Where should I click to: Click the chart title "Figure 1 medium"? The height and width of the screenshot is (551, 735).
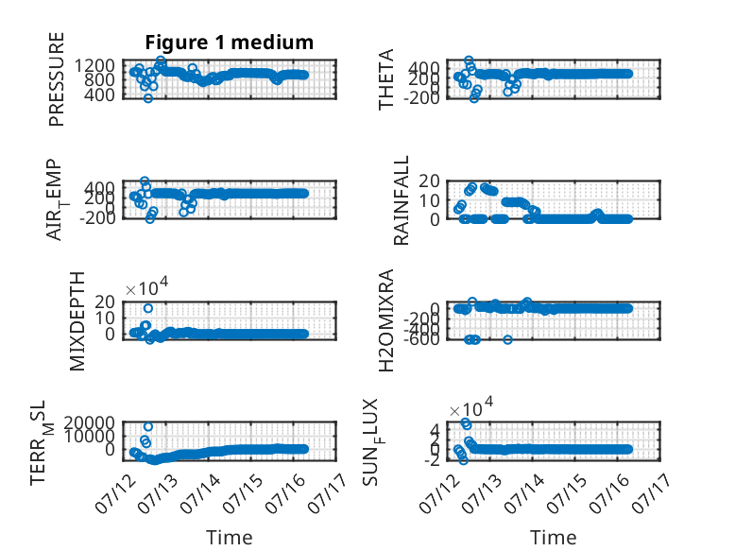[230, 43]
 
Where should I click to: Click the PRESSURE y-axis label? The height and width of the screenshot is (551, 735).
[57, 79]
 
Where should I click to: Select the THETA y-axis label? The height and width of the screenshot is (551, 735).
[385, 79]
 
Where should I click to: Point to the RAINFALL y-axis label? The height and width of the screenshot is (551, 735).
[402, 200]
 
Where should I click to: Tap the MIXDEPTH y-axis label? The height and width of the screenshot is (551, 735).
[77, 321]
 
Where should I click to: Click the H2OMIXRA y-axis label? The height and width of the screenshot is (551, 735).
[385, 320]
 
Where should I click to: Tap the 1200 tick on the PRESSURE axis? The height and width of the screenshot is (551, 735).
[94, 65]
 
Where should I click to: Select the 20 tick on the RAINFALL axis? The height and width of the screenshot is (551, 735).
[429, 181]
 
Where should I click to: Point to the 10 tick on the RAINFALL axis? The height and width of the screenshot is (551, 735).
[429, 200]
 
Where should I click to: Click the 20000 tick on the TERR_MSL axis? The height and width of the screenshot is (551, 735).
[89, 422]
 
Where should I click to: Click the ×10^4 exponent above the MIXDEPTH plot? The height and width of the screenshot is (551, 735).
[146, 286]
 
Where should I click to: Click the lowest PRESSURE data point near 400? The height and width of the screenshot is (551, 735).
[148, 98]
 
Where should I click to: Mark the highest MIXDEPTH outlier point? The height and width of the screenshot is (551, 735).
[148, 308]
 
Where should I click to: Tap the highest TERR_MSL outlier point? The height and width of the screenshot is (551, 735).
[148, 426]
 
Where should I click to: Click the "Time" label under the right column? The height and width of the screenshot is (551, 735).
[553, 538]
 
